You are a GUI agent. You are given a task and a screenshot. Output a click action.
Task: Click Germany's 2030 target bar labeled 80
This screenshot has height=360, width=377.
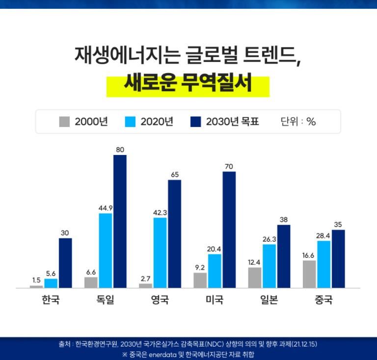[120, 221]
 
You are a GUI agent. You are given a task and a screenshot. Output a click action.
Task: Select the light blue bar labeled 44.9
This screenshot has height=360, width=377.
[106, 250]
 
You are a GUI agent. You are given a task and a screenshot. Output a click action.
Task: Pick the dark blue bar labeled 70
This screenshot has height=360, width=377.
[229, 230]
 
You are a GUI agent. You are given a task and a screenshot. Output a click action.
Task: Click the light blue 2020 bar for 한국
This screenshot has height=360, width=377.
[51, 283]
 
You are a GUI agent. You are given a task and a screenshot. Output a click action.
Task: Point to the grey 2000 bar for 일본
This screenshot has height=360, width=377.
[255, 277]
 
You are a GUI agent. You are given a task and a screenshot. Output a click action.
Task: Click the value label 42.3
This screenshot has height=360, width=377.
[160, 212]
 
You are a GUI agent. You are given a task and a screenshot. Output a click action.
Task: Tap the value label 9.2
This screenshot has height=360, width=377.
[200, 268]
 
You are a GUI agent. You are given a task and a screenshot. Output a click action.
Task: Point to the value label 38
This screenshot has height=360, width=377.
[284, 220]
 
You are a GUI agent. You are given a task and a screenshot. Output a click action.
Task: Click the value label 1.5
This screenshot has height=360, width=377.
[36, 280]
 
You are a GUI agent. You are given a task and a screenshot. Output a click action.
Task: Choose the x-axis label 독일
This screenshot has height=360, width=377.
[106, 300]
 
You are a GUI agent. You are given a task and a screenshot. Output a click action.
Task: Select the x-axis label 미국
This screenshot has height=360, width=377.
[215, 300]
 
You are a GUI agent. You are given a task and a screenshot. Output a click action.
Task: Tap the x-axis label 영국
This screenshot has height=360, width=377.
[160, 300]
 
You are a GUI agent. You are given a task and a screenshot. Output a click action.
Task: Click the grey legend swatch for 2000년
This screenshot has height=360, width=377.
[64, 122]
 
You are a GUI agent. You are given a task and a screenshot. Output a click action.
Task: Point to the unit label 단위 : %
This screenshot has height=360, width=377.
[298, 122]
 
